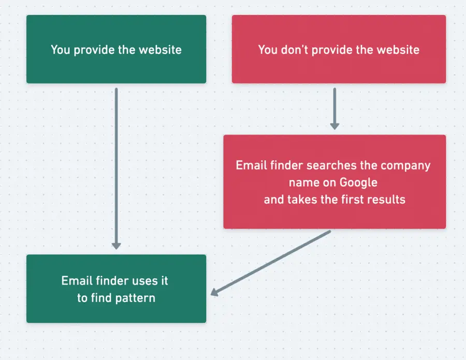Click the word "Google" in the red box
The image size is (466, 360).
pos(358,183)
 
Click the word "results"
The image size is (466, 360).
pos(386,199)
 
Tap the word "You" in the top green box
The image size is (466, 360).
pos(60,50)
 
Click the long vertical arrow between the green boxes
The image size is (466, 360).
pos(116,166)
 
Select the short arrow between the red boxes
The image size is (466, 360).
pos(334,106)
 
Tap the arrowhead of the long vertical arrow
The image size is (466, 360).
pos(116,246)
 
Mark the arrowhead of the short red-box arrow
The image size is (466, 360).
pos(334,126)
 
